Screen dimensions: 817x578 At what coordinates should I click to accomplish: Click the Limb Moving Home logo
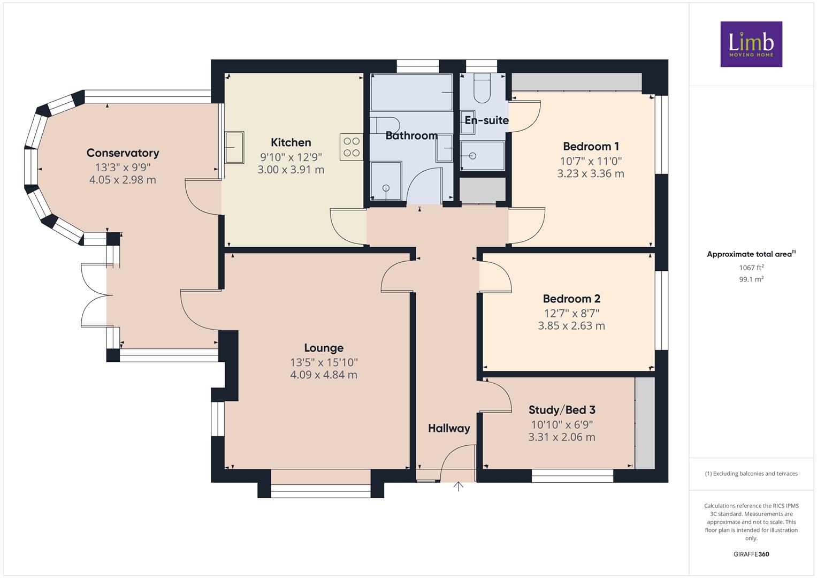[x=751, y=44]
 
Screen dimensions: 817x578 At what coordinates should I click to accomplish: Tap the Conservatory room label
[x=123, y=153]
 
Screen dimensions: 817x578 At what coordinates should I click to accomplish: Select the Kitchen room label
[x=291, y=142]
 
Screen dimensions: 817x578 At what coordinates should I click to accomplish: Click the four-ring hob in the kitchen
[x=351, y=147]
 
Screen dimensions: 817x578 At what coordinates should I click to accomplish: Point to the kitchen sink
[x=234, y=147]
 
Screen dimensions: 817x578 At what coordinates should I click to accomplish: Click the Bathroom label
[x=411, y=136]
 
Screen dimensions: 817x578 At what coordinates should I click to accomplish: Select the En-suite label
[x=486, y=120]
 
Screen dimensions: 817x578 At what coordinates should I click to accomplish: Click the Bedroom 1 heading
[x=591, y=146]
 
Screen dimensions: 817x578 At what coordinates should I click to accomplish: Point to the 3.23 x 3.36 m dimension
[x=591, y=173]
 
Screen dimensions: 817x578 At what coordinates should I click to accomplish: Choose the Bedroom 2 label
[x=571, y=299]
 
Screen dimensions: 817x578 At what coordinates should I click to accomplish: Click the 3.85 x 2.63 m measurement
[x=571, y=325]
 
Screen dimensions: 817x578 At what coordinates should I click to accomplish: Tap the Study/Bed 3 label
[x=562, y=410]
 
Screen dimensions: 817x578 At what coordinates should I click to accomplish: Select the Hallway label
[x=449, y=428]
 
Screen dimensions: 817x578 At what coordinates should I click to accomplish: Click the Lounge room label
[x=324, y=348]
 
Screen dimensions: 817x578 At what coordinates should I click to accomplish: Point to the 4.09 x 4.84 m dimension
[x=324, y=375]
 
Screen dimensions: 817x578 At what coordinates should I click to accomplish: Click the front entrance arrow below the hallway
[x=458, y=486]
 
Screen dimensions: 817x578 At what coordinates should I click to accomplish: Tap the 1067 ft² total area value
[x=751, y=268]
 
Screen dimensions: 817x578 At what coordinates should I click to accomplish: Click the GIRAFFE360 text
[x=751, y=554]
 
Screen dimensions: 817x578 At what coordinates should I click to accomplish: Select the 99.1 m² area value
[x=751, y=279]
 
